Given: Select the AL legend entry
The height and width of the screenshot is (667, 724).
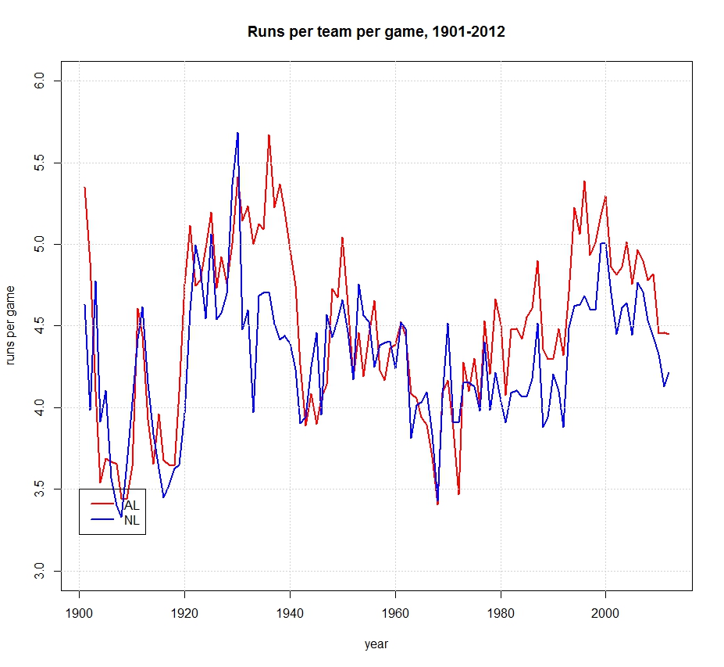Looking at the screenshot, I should click(x=131, y=505).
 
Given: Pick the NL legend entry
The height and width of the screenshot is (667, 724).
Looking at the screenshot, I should click(x=131, y=521).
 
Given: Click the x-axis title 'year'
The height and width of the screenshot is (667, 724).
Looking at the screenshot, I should click(x=376, y=645).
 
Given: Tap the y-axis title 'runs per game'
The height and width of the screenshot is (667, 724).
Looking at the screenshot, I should click(x=12, y=326).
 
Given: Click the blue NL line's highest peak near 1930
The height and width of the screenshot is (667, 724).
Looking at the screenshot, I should click(x=237, y=133).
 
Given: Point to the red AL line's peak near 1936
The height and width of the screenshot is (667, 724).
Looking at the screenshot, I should click(x=269, y=135).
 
